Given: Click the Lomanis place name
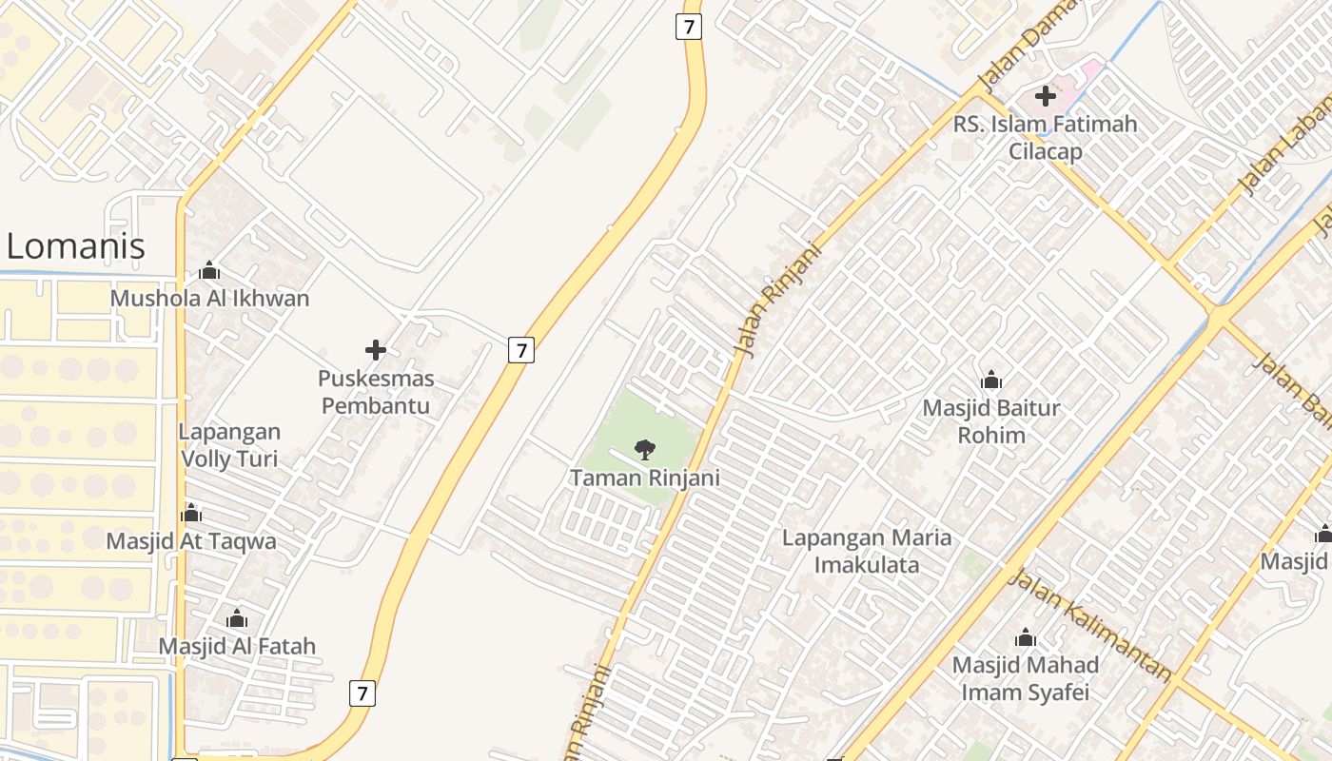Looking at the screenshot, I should (76, 246).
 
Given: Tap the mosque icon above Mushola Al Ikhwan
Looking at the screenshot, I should (209, 270).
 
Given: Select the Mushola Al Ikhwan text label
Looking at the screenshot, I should (209, 299).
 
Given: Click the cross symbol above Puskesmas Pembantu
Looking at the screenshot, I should (376, 350).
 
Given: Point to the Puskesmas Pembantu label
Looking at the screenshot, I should (376, 392).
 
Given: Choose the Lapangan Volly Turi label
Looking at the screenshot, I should (228, 445).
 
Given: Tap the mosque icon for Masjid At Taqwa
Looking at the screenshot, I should (191, 514).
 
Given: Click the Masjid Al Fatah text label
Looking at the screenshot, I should (237, 647).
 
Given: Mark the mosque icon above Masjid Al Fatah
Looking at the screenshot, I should (237, 619).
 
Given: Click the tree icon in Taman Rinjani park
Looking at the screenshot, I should (644, 449).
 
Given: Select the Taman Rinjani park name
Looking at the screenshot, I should (644, 478).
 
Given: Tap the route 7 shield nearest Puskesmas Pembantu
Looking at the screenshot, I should (520, 350).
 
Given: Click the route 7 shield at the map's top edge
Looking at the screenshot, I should (688, 27).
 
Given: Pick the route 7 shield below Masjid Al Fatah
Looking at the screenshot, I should (362, 693).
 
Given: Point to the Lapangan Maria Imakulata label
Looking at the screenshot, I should (866, 552).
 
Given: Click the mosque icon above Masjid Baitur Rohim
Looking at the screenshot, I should (991, 380).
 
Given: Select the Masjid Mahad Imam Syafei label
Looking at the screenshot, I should (1025, 678).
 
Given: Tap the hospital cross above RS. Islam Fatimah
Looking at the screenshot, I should (1046, 95).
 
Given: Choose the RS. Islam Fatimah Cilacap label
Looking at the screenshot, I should (1045, 138).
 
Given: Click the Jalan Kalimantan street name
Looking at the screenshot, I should (1089, 625).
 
